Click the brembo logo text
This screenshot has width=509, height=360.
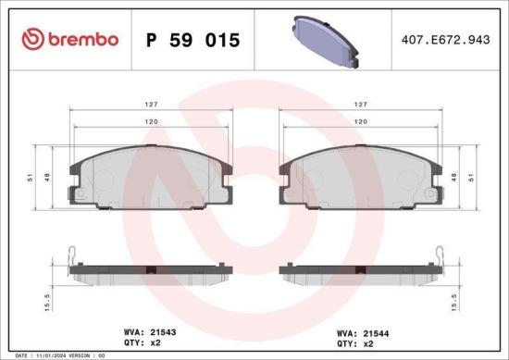[81, 40]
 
